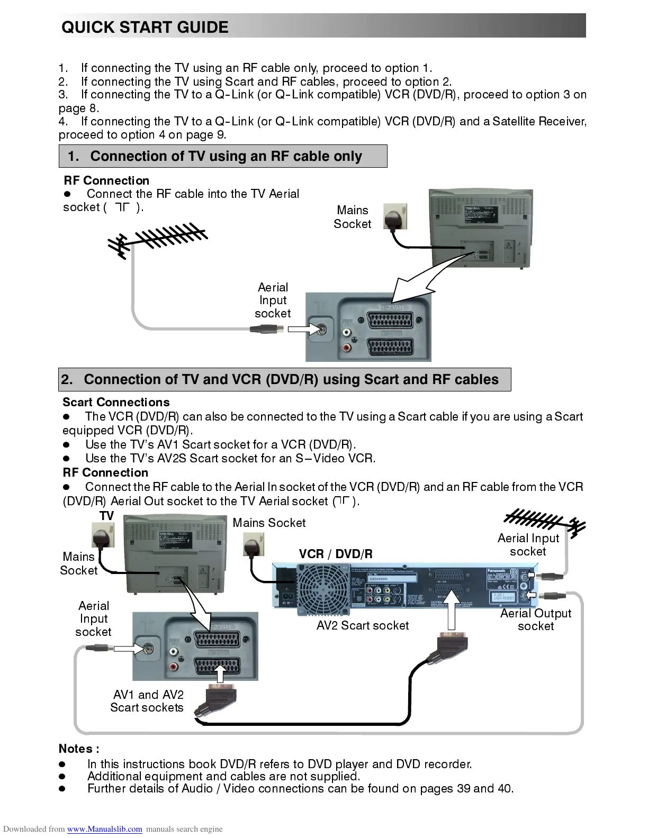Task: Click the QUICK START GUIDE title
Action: pyautogui.click(x=145, y=27)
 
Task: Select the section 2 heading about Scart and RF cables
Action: pyautogui.click(x=291, y=379)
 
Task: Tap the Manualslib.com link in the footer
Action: pyautogui.click(x=104, y=829)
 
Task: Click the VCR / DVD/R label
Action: pyautogui.click(x=336, y=554)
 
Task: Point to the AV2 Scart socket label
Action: pyautogui.click(x=363, y=625)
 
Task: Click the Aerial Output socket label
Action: pyautogui.click(x=536, y=620)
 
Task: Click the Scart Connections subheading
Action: pyautogui.click(x=116, y=402)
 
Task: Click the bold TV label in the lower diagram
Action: pyautogui.click(x=107, y=515)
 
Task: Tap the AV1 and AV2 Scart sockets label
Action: pyautogui.click(x=147, y=701)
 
